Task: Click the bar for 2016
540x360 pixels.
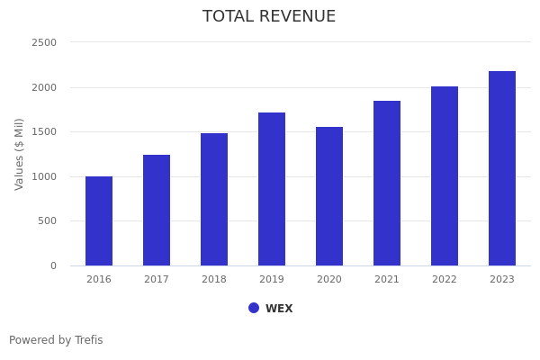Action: tap(99, 220)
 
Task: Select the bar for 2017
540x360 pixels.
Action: tap(157, 210)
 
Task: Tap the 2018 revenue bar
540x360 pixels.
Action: tap(214, 199)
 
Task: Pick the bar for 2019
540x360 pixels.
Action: tap(272, 189)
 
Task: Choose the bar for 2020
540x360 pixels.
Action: tap(329, 196)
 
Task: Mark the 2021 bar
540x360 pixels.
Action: tap(387, 183)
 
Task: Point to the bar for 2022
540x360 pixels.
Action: tap(445, 175)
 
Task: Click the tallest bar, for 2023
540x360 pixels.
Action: tap(502, 168)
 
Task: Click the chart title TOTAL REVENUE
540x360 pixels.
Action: tap(269, 17)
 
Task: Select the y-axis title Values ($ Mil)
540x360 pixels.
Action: tap(20, 154)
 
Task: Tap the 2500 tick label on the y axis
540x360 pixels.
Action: tap(44, 42)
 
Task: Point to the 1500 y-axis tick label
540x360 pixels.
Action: tap(44, 131)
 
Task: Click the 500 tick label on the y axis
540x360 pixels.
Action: tap(47, 220)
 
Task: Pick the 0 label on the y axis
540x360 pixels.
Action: tap(53, 265)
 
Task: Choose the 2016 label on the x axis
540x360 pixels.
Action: tap(99, 280)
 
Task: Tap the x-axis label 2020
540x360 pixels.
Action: tap(329, 280)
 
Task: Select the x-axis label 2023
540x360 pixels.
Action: tap(502, 280)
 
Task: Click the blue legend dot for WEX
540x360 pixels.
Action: tap(254, 308)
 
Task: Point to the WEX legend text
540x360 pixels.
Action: tap(279, 309)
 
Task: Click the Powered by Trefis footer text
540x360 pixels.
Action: tap(56, 340)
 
